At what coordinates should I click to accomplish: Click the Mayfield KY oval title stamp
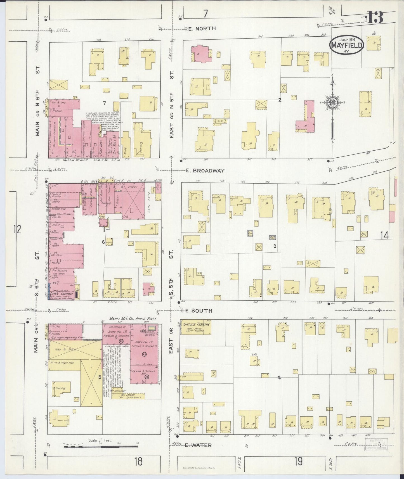click(347, 45)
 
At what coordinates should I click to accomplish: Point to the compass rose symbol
click(333, 102)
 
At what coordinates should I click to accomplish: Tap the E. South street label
click(199, 311)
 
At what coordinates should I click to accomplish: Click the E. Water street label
click(198, 445)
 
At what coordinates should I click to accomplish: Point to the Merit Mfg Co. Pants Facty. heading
click(133, 319)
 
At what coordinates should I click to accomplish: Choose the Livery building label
click(133, 186)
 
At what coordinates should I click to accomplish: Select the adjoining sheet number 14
click(384, 236)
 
